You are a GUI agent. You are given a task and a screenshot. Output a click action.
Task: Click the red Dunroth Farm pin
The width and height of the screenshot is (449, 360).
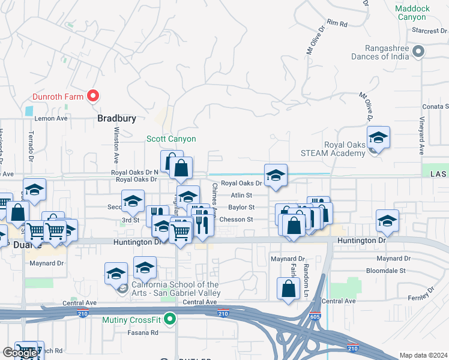tap(93, 95)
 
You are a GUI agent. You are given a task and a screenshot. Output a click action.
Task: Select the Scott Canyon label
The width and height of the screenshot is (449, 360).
tap(172, 139)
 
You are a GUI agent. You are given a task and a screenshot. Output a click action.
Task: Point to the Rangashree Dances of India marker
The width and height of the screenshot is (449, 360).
tap(419, 52)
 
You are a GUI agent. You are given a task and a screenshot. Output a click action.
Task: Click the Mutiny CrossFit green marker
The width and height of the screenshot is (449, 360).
tap(170, 319)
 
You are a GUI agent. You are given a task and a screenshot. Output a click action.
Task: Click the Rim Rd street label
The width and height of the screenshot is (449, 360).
tap(338, 24)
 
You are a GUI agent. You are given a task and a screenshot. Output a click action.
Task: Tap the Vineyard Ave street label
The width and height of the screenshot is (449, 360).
tap(421, 138)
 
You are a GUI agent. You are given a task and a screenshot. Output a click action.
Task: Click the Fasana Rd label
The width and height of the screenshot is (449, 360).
tap(145, 332)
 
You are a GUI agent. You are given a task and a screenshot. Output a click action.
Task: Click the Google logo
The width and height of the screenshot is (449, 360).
tap(20, 353)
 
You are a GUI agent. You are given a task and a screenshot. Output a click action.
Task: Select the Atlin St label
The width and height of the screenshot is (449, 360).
tap(241, 195)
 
